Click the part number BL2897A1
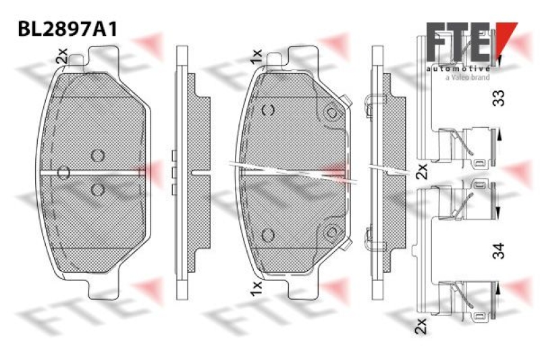[x=67, y=29]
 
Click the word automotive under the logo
[x=458, y=69]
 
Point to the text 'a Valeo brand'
[x=467, y=78]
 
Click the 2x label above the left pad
[x=62, y=56]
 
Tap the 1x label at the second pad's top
[x=256, y=56]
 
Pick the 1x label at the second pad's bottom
[x=256, y=288]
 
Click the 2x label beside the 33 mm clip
[x=421, y=171]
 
